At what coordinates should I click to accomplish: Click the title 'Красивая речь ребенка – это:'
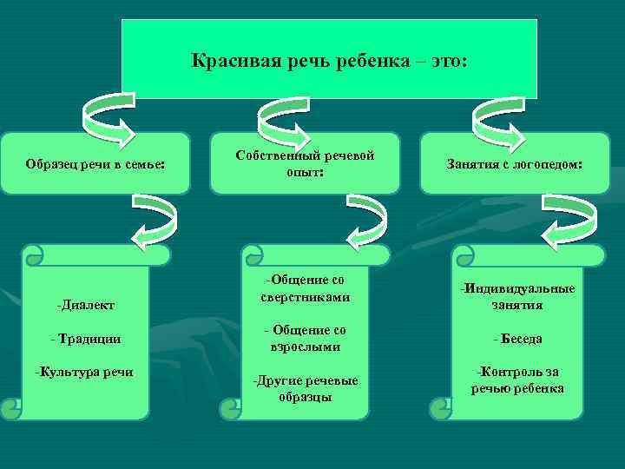329,62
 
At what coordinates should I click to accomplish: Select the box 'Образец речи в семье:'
95,163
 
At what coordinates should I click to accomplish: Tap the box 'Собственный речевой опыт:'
305,162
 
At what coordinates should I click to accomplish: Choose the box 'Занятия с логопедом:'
515,163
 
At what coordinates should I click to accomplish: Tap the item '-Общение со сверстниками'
305,288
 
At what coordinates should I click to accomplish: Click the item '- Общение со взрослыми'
305,339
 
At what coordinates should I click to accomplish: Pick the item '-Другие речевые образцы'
305,388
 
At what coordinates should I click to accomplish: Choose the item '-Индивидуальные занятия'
517,296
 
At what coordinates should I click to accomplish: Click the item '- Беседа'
517,339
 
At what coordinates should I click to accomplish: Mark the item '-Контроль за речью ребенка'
517,380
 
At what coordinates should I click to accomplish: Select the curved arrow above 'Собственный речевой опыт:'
285,121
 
